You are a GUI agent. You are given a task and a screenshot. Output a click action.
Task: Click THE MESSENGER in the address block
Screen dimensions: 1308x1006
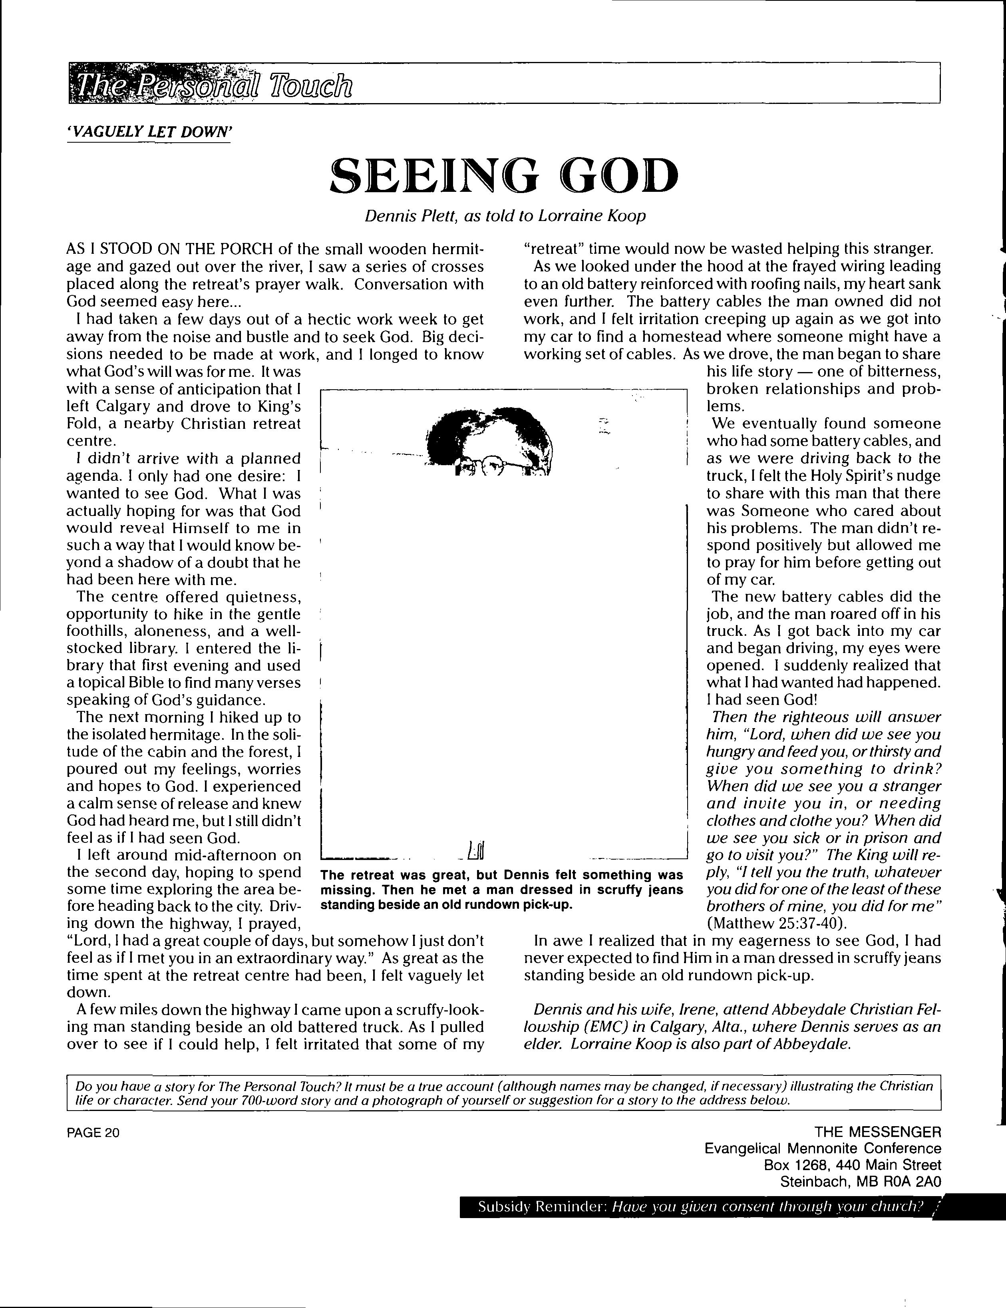pyautogui.click(x=877, y=1131)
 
